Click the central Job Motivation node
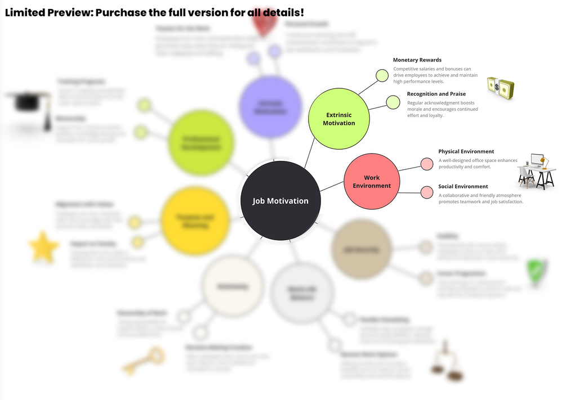pyautogui.click(x=280, y=201)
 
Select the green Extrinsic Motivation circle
pyautogui.click(x=338, y=119)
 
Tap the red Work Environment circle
pyautogui.click(x=371, y=182)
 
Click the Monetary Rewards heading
pyautogui.click(x=417, y=60)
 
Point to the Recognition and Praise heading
pyautogui.click(x=436, y=94)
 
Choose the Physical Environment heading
pyautogui.click(x=466, y=151)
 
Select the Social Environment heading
pyautogui.click(x=463, y=186)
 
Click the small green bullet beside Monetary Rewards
pyautogui.click(x=382, y=75)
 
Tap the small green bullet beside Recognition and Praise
pyautogui.click(x=393, y=102)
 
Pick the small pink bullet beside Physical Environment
pyautogui.click(x=427, y=164)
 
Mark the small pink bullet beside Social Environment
pyautogui.click(x=427, y=192)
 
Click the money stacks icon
pyautogui.click(x=501, y=88)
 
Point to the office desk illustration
pyautogui.click(x=536, y=170)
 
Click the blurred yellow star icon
pyautogui.click(x=44, y=247)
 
